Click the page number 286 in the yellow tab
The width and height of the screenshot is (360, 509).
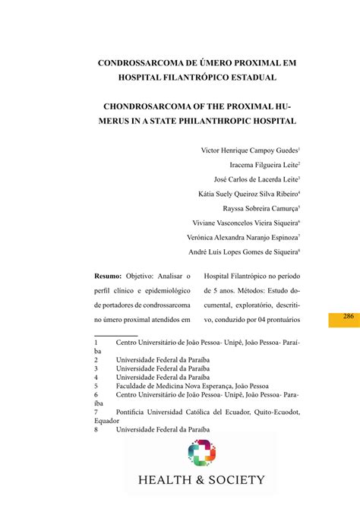[349, 316]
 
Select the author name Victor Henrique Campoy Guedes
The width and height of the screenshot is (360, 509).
[248, 150]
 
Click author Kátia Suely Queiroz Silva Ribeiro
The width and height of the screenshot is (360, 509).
[247, 194]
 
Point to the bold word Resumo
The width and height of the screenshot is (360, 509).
[108, 278]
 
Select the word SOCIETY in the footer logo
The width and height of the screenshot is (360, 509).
[238, 479]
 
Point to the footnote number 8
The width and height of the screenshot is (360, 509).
[96, 429]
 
